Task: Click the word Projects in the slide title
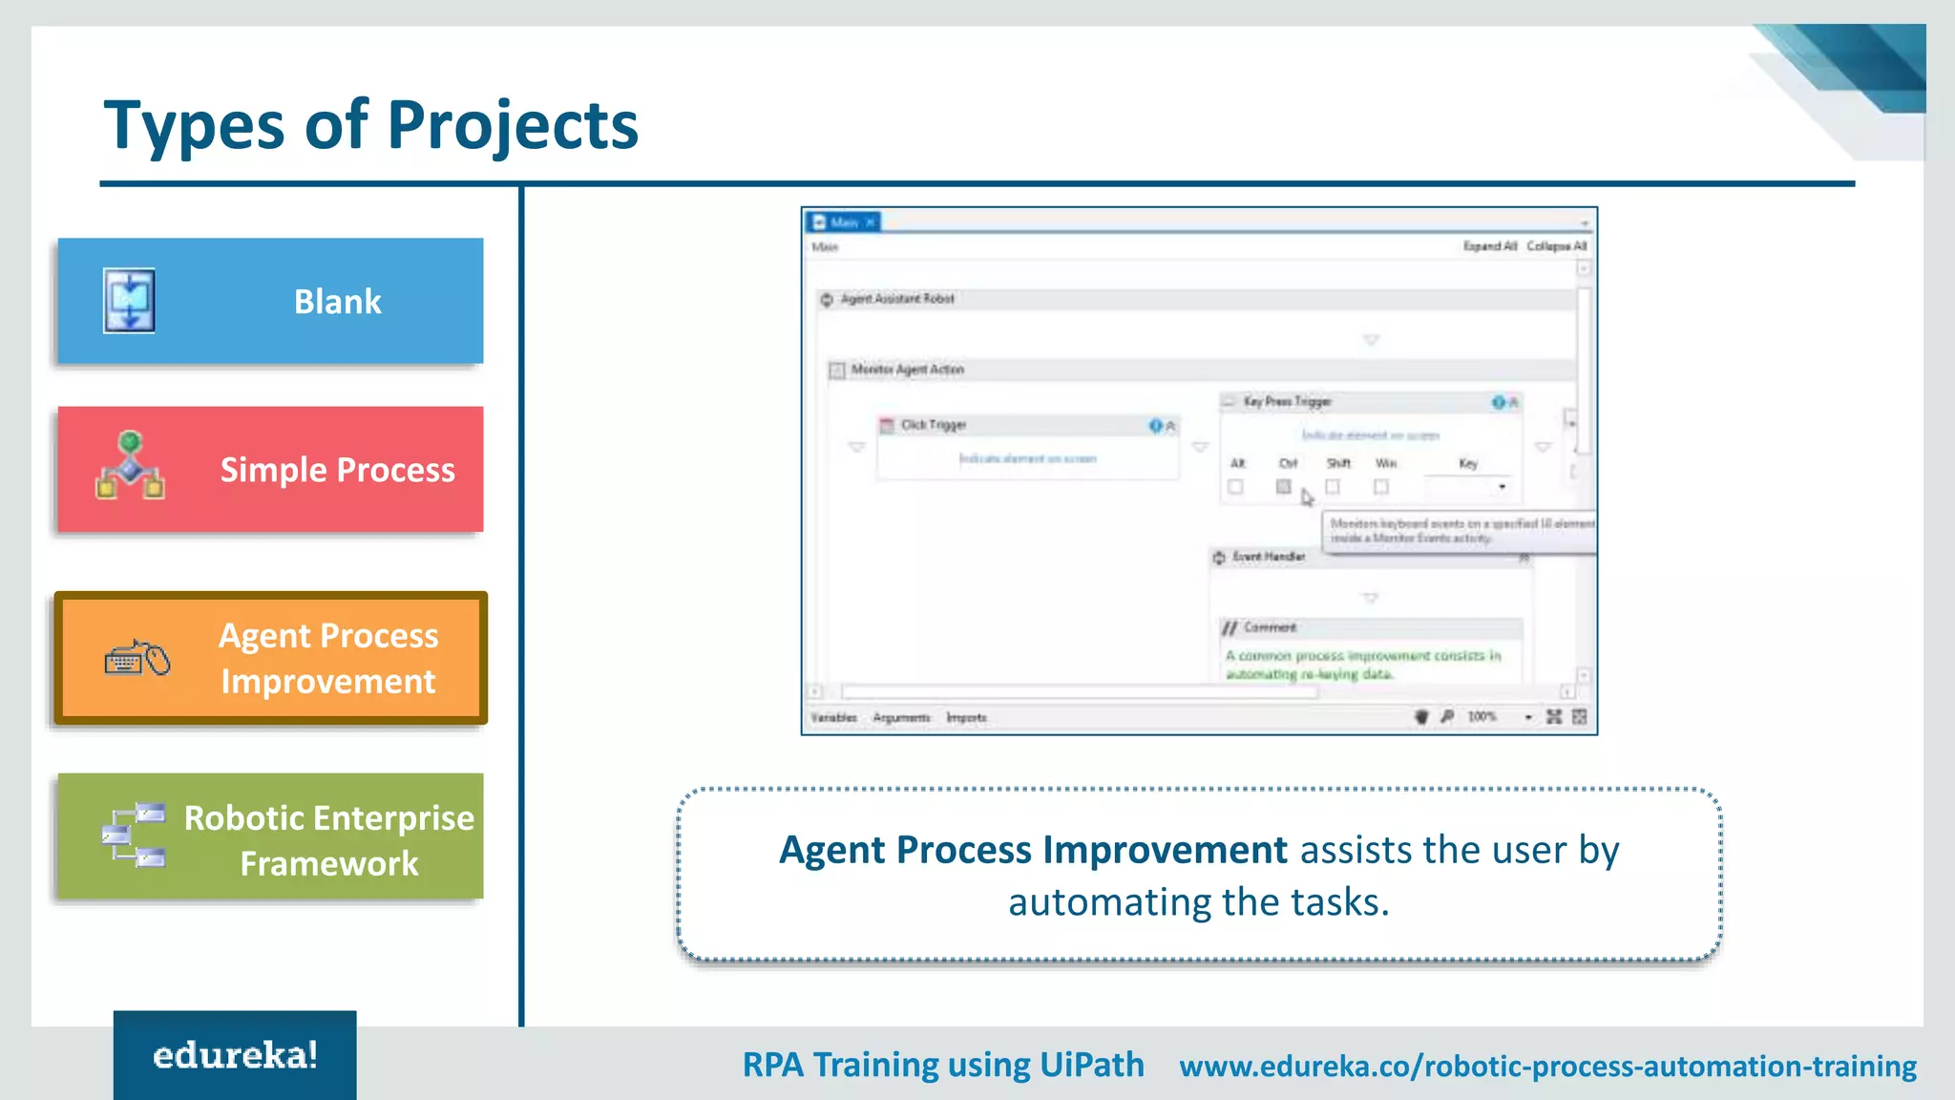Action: click(x=513, y=125)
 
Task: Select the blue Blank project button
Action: click(x=270, y=301)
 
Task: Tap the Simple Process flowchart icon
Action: click(x=130, y=466)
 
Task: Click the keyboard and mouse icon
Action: click(x=137, y=659)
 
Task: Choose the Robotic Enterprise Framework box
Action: click(x=270, y=836)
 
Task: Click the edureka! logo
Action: click(x=235, y=1055)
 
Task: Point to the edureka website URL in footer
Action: click(x=1547, y=1066)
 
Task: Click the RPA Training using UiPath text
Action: click(x=943, y=1065)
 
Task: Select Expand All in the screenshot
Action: click(x=1489, y=246)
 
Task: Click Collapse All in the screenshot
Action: click(x=1556, y=246)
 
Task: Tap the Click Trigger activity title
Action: click(x=934, y=425)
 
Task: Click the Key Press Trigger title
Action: click(x=1287, y=402)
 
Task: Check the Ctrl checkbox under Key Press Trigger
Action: click(x=1284, y=487)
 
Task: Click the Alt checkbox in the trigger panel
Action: click(x=1236, y=487)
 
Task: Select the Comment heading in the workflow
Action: click(x=1270, y=627)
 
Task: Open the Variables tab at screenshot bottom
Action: click(x=833, y=717)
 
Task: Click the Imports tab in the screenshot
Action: click(x=966, y=717)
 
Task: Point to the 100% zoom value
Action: click(x=1482, y=716)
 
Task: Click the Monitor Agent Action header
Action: click(x=907, y=370)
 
